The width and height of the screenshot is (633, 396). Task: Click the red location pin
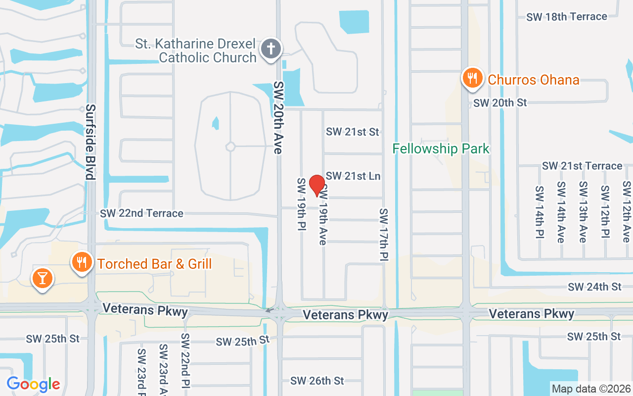(x=316, y=185)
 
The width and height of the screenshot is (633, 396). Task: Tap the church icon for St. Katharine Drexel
(x=271, y=49)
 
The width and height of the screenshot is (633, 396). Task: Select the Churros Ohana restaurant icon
(x=472, y=78)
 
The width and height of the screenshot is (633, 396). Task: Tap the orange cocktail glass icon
(x=42, y=278)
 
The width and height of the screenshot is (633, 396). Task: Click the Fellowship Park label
(x=441, y=148)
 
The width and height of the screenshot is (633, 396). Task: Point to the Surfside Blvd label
(x=90, y=142)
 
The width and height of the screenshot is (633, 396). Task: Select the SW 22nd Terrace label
(x=141, y=213)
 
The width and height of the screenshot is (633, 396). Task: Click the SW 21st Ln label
(x=353, y=176)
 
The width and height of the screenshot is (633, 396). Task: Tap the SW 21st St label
(x=352, y=132)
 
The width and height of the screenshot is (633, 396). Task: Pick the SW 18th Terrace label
(x=567, y=17)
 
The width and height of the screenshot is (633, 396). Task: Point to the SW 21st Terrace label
(x=582, y=166)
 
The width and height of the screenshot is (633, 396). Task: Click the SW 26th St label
(x=317, y=381)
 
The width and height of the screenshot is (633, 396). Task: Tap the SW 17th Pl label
(x=384, y=235)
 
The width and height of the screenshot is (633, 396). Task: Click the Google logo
(x=33, y=384)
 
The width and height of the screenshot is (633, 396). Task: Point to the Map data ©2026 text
(x=591, y=389)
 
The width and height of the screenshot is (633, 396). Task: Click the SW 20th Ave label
(x=279, y=118)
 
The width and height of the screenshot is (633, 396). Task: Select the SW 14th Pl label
(x=540, y=212)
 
